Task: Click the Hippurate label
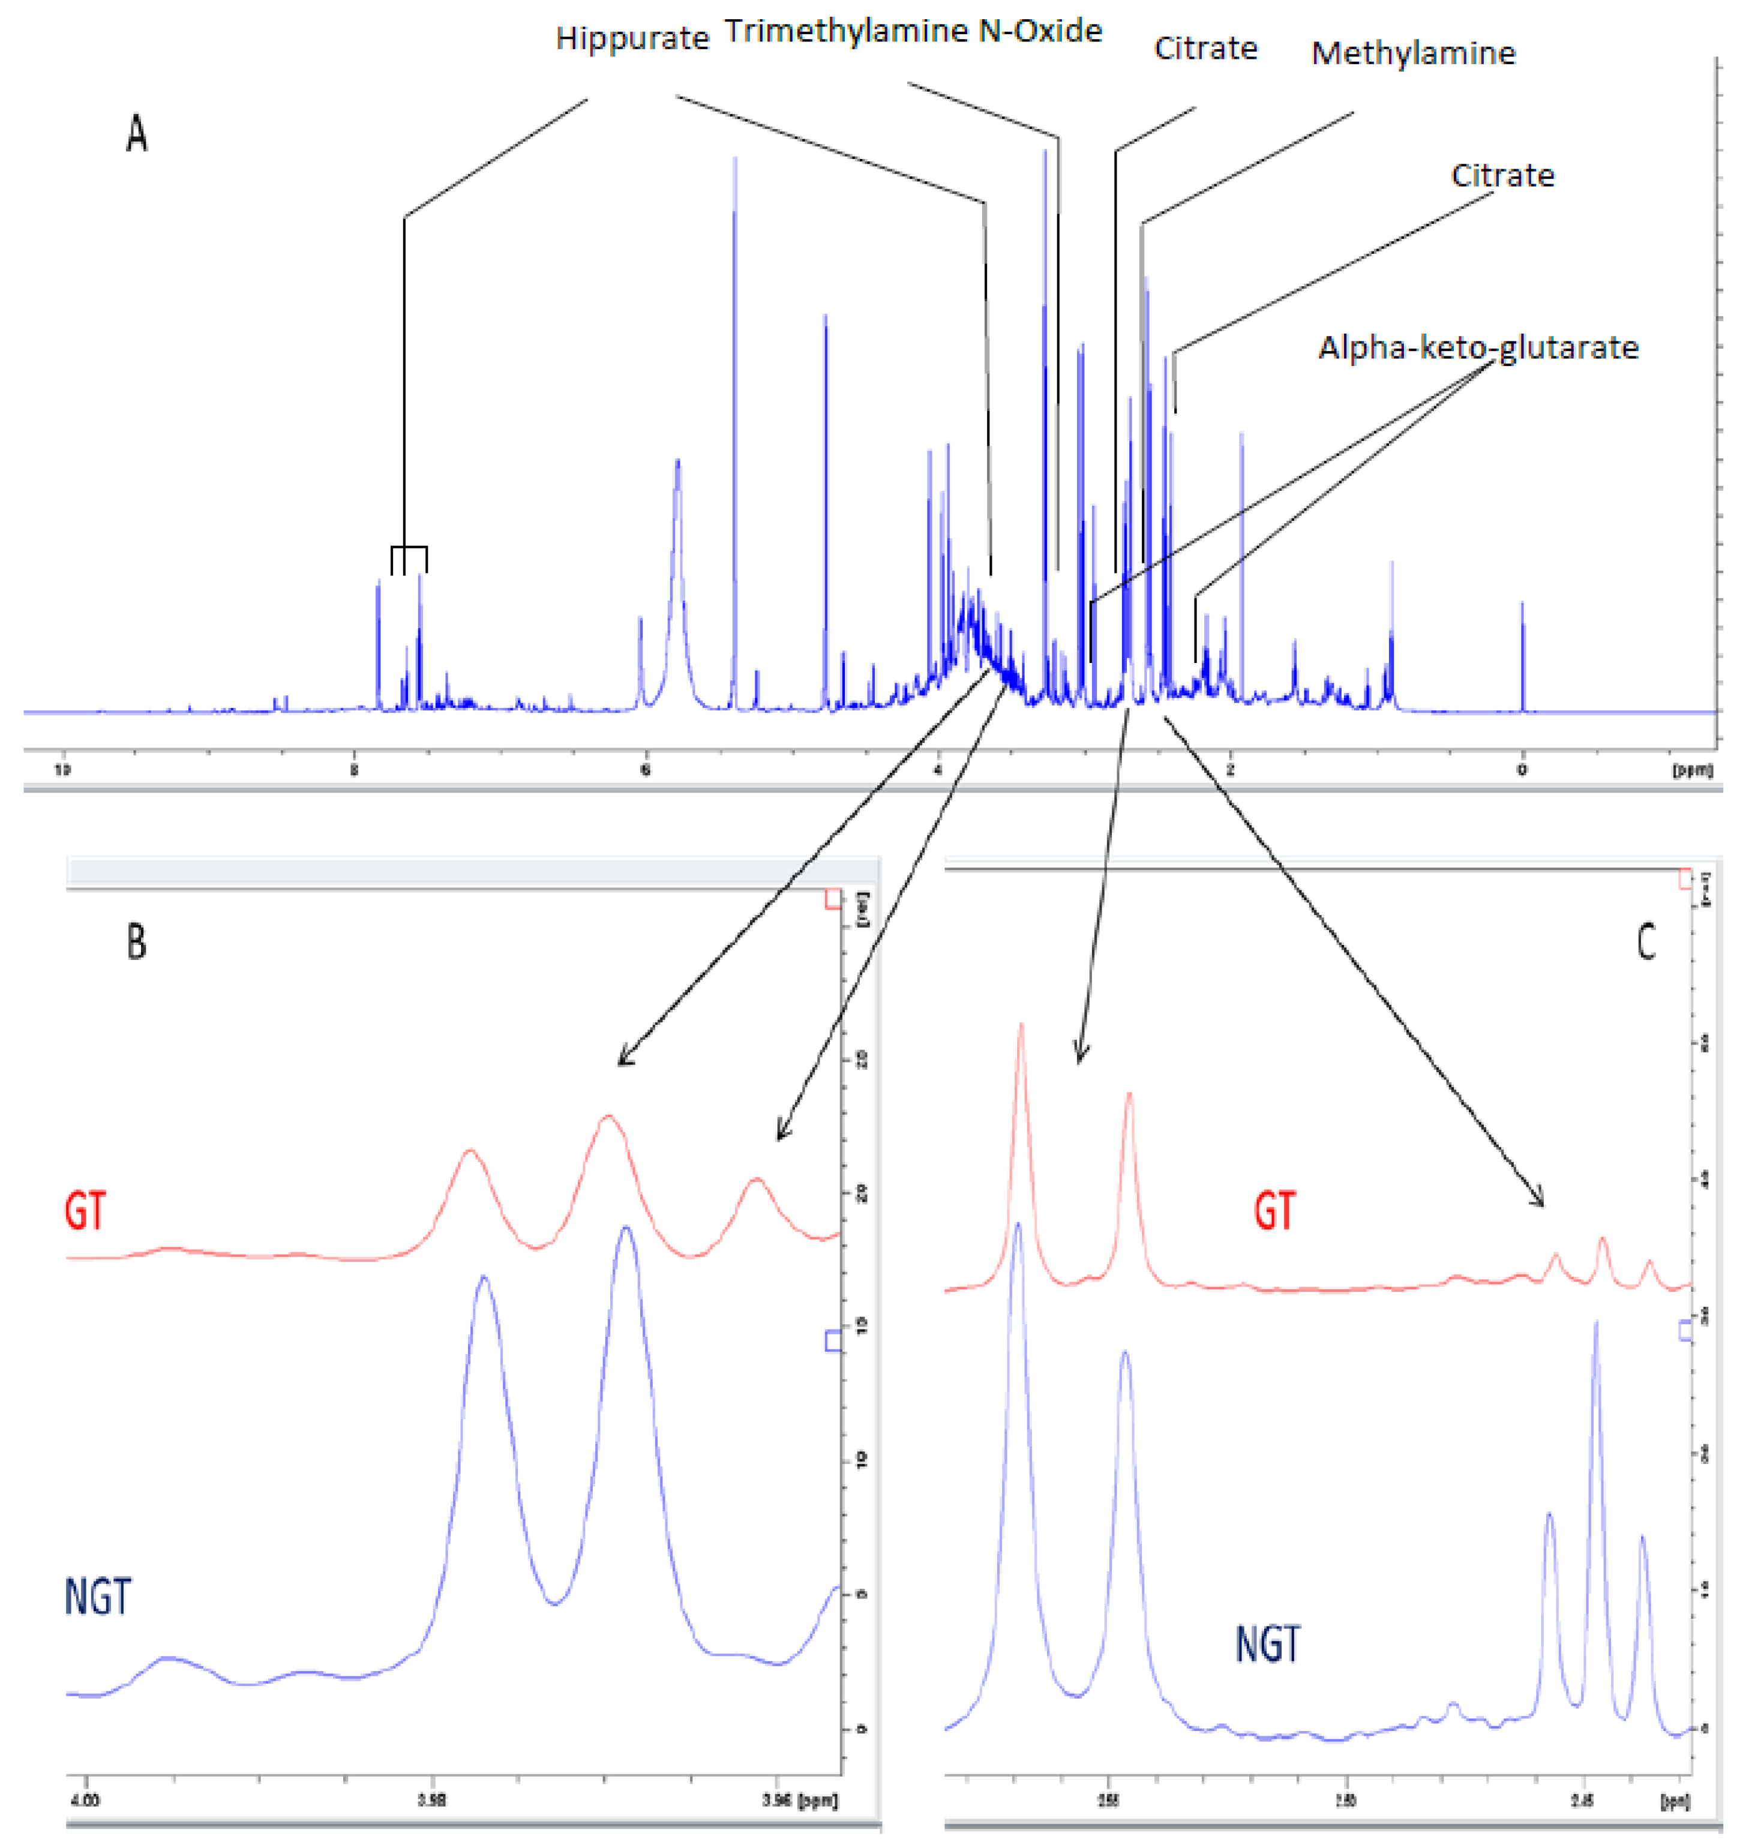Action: click(x=632, y=39)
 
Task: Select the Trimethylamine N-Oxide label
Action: click(x=913, y=32)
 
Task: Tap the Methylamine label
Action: click(x=1412, y=54)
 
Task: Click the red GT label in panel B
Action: click(x=86, y=1212)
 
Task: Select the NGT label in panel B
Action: click(x=98, y=1597)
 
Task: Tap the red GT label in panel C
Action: click(x=1273, y=1212)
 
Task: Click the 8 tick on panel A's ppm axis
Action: click(x=354, y=770)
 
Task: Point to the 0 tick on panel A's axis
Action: click(x=1522, y=770)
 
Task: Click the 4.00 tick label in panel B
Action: click(x=86, y=1801)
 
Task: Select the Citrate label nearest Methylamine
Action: click(x=1205, y=49)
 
